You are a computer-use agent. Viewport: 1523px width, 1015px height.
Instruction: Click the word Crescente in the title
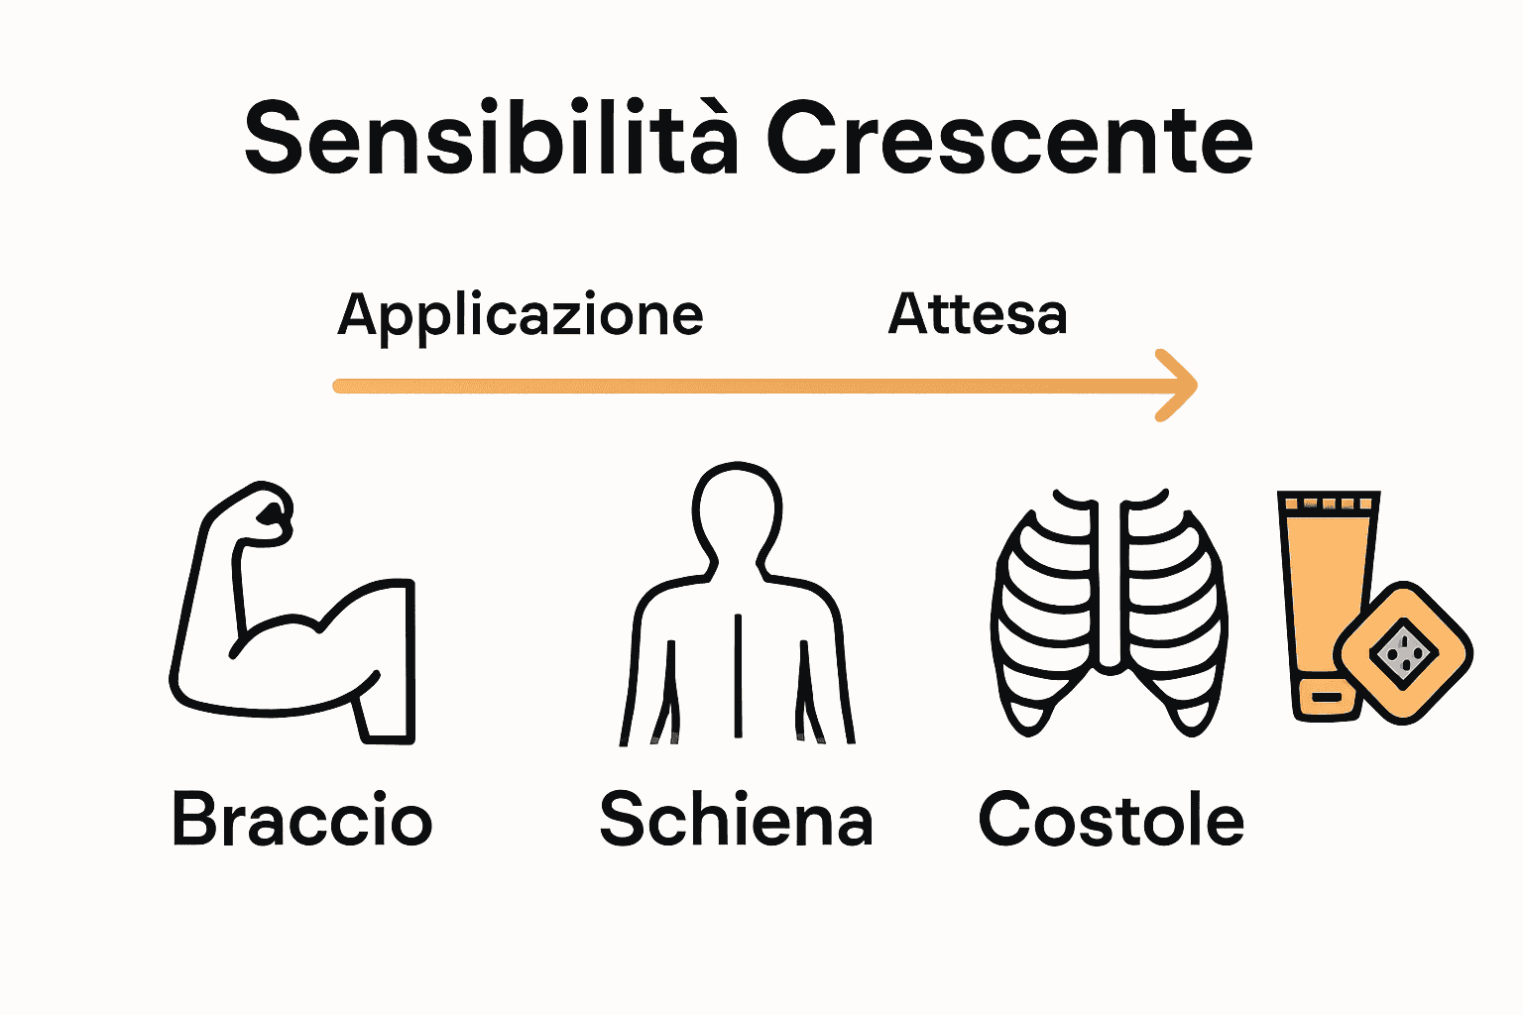pos(1008,139)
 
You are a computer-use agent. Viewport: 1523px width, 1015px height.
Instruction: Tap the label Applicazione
pos(520,316)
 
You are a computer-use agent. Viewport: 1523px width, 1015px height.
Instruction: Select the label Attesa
pos(977,314)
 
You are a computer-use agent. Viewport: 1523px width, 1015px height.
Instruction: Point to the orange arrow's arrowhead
pos(1180,386)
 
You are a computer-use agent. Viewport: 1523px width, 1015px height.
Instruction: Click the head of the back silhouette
pos(737,510)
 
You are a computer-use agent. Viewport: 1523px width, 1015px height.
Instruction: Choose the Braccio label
pos(301,820)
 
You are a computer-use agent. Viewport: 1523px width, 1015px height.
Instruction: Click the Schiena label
pos(736,820)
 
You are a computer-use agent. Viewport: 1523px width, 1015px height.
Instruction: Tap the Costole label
pos(1111,820)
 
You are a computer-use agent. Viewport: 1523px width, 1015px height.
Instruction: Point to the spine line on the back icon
pos(738,674)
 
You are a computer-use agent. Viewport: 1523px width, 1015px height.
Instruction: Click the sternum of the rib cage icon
pos(1111,585)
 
